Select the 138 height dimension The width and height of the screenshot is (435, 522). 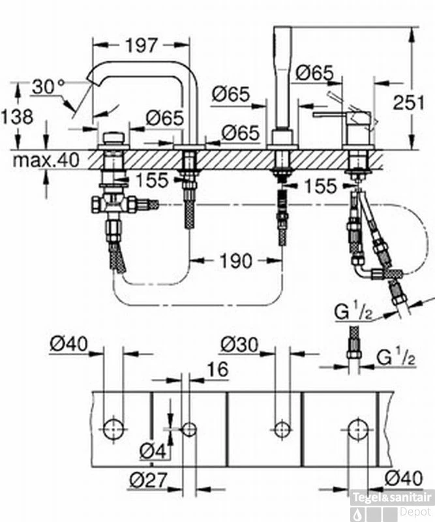pos(16,117)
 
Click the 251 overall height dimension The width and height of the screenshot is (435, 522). pos(411,102)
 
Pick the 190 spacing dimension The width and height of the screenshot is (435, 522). pos(235,261)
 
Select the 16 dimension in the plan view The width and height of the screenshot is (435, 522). pos(218,369)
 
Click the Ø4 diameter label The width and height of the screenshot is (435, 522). pos(152,450)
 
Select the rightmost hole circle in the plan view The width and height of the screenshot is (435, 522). pos(357,429)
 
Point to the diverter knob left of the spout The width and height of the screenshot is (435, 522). pos(115,139)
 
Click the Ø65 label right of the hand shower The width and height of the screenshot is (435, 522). pos(314,73)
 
